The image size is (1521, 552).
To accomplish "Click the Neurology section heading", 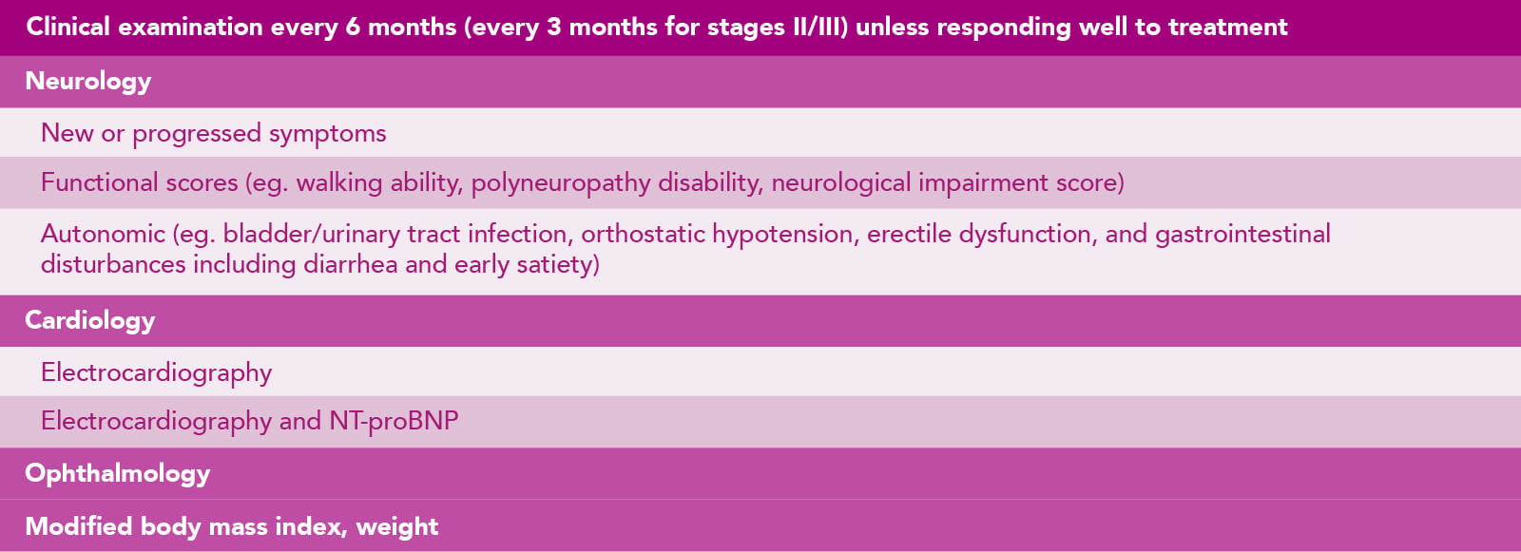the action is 87,82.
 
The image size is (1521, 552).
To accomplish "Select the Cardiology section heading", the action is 89,321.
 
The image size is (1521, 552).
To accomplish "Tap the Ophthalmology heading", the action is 118,474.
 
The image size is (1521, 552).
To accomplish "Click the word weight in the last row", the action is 397,527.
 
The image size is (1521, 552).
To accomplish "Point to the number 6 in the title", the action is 353,28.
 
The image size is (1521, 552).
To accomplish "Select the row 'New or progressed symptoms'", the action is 213,134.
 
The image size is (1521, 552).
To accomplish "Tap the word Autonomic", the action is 103,235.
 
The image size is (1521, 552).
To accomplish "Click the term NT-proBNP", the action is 394,421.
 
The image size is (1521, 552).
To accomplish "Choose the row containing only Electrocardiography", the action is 156,372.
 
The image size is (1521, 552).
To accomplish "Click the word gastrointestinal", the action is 1242,235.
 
